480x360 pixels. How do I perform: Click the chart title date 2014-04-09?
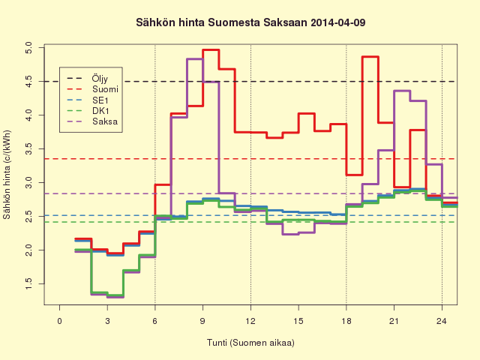[x=337, y=22]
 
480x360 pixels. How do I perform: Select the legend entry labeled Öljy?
[x=100, y=78]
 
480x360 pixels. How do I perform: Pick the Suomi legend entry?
[x=105, y=89]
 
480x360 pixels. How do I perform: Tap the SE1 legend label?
[x=100, y=100]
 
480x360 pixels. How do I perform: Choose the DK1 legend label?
[x=100, y=111]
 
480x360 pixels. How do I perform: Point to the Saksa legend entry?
[x=105, y=121]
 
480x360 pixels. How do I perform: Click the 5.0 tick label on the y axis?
[x=28, y=48]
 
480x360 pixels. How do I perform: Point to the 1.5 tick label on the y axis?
[x=28, y=283]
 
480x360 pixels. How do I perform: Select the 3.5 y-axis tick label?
[x=28, y=148]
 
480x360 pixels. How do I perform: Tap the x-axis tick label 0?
[x=59, y=321]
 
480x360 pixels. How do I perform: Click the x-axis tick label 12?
[x=250, y=321]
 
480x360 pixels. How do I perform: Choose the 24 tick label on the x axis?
[x=442, y=321]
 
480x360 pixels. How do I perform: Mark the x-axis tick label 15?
[x=298, y=321]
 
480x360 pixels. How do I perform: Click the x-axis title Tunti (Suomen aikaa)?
[x=250, y=343]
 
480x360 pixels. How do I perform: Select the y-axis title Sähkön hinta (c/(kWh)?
[x=7, y=175]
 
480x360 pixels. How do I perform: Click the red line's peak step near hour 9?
[x=211, y=49]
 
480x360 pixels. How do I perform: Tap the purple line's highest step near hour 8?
[x=195, y=58]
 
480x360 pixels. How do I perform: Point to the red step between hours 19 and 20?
[x=370, y=57]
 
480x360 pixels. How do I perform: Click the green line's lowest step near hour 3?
[x=115, y=295]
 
